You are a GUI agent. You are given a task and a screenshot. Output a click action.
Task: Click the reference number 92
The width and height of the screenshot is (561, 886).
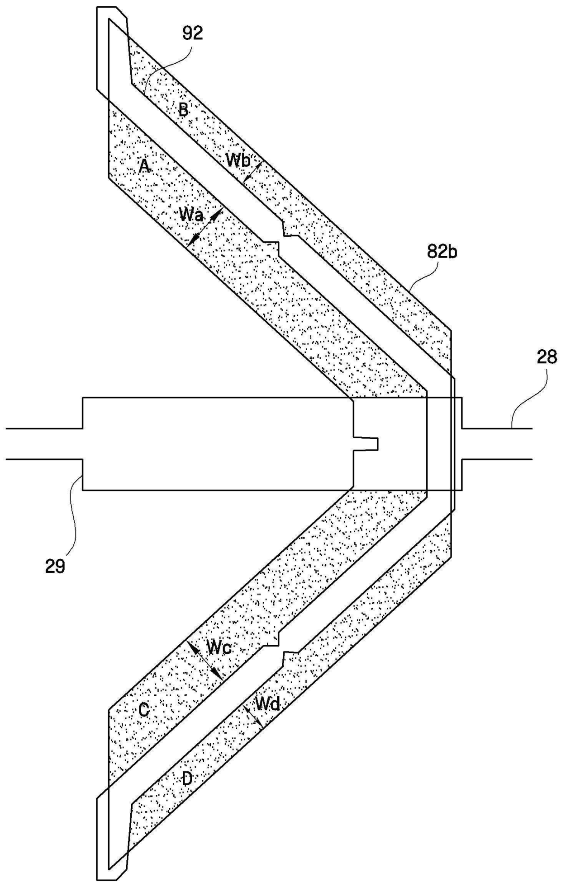[x=193, y=33]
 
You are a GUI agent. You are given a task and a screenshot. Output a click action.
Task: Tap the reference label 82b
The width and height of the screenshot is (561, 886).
[x=442, y=251]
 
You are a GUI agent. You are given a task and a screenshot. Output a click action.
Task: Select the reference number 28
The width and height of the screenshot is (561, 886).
[x=547, y=357]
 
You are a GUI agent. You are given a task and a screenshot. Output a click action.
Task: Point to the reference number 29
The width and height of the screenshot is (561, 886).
[x=55, y=566]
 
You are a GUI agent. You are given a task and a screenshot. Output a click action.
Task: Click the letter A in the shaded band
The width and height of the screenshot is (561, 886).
[x=144, y=167]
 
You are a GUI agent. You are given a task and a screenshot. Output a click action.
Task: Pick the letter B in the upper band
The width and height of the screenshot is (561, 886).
[x=183, y=109]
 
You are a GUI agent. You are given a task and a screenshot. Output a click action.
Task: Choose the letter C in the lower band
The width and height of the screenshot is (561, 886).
[x=144, y=711]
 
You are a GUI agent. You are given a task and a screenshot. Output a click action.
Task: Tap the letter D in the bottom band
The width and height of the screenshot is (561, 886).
[x=187, y=778]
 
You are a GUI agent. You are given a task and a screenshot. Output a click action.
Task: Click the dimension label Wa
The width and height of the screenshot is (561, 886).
[x=190, y=214]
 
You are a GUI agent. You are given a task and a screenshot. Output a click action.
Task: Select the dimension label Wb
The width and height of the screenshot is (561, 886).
[x=238, y=160]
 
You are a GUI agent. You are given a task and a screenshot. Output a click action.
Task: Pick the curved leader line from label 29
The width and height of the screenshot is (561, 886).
[x=72, y=515]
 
